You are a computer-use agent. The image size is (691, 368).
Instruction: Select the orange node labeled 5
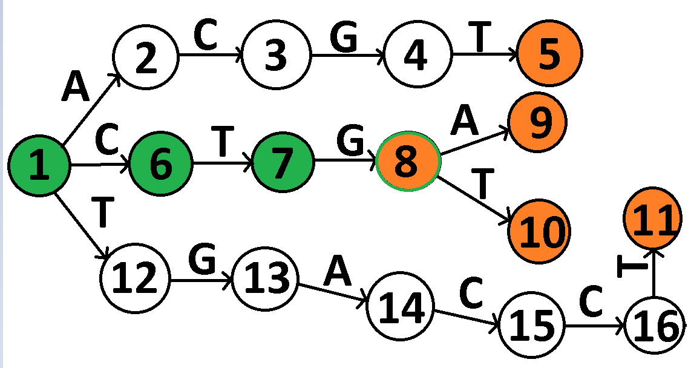pyautogui.click(x=549, y=54)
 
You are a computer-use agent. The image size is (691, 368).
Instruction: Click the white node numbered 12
pyautogui.click(x=136, y=279)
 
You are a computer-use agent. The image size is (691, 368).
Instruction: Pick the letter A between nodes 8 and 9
pyautogui.click(x=464, y=122)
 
